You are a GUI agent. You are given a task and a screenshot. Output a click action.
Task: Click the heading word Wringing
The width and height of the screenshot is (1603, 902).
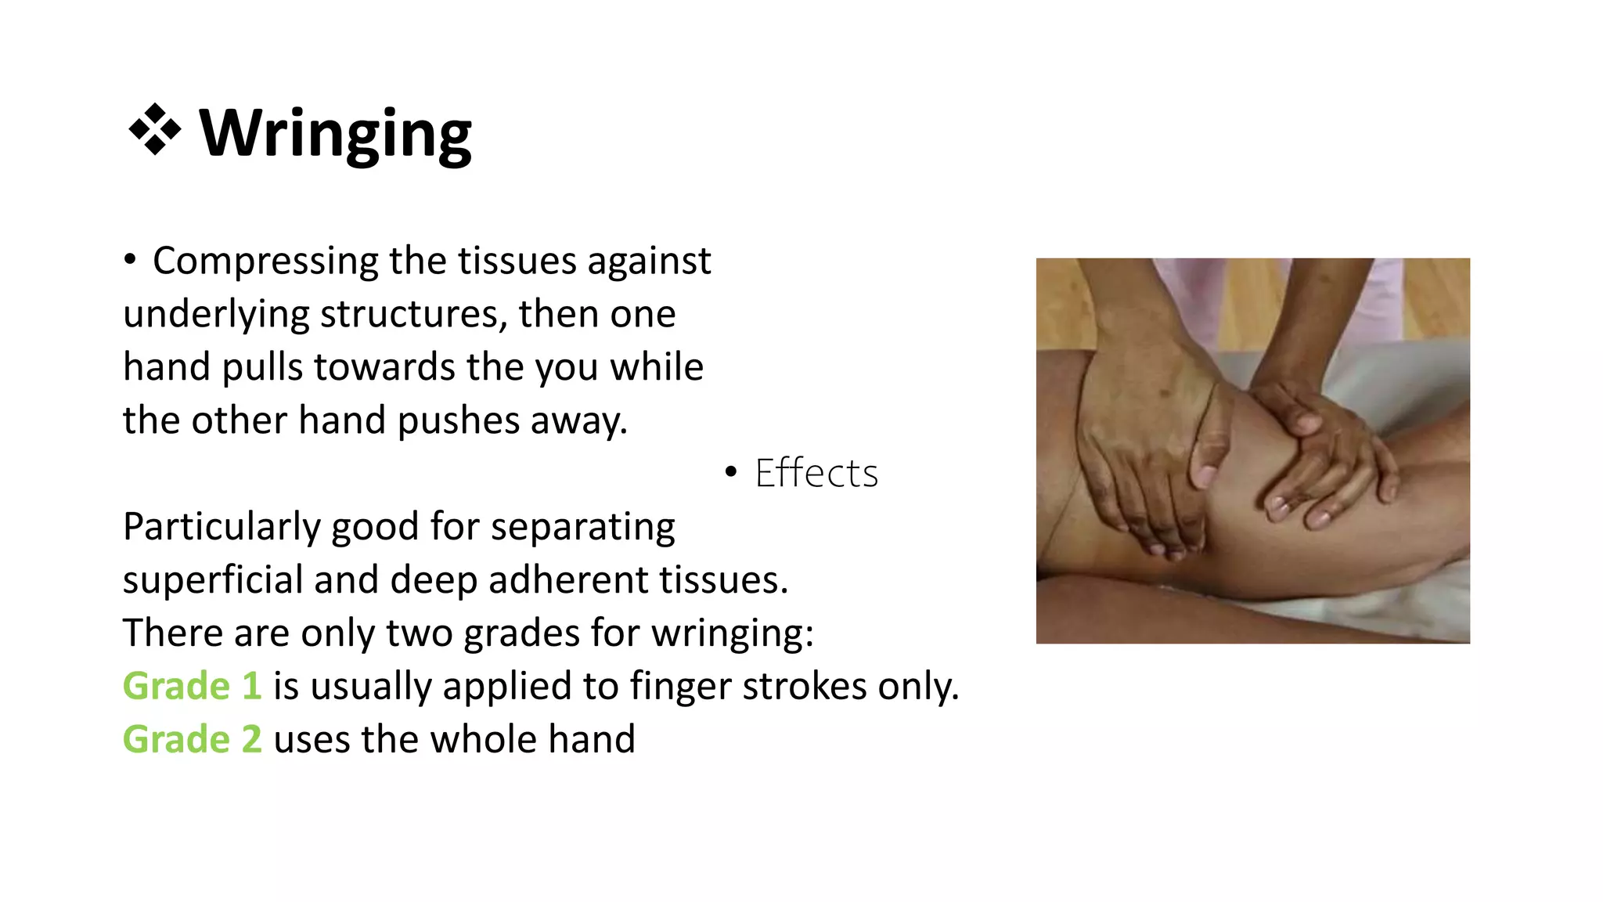pyautogui.click(x=335, y=133)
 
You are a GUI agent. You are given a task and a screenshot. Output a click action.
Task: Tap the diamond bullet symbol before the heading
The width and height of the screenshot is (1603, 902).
pyautogui.click(x=154, y=129)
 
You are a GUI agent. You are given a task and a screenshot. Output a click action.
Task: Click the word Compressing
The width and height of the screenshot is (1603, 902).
pyautogui.click(x=265, y=261)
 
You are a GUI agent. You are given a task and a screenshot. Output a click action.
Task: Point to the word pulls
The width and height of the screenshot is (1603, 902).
pyautogui.click(x=261, y=367)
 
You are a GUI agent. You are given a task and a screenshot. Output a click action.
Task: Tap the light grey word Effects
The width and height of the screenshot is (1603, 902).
pyautogui.click(x=816, y=473)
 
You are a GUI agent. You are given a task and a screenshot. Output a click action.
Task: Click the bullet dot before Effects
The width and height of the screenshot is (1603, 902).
pyautogui.click(x=731, y=471)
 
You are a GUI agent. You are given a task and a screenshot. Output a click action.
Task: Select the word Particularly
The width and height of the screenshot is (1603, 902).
pyautogui.click(x=222, y=527)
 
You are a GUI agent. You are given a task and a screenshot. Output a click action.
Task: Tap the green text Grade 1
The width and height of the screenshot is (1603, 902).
pyautogui.click(x=192, y=687)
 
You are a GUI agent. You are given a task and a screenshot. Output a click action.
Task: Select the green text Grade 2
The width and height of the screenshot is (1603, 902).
pyautogui.click(x=192, y=740)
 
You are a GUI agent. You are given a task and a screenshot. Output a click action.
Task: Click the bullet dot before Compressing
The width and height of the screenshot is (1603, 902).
pyautogui.click(x=130, y=259)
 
